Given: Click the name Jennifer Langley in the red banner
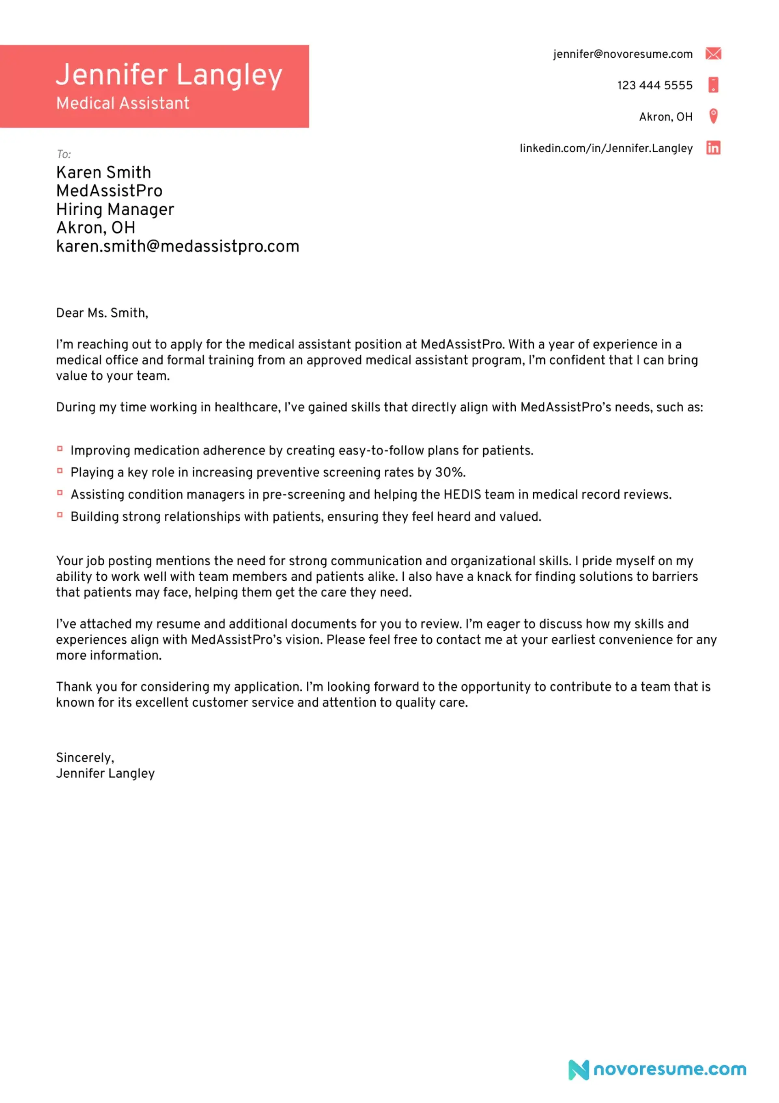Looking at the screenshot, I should click(169, 75).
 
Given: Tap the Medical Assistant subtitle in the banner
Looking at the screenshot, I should click(123, 103).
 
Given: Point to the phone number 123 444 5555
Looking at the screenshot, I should click(655, 86).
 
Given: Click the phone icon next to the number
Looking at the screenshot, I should click(713, 84).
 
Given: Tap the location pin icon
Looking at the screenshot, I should click(713, 116).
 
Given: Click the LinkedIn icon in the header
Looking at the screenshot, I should click(713, 148).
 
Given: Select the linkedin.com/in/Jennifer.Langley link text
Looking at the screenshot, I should click(606, 149).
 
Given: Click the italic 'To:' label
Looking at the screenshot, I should click(63, 154).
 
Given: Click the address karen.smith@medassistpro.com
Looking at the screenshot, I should click(178, 247).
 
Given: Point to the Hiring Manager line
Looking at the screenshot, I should click(115, 210).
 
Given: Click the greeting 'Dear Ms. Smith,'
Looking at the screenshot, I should click(102, 313).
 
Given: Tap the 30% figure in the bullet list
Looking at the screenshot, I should click(449, 473).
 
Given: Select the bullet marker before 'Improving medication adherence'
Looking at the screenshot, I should click(60, 449).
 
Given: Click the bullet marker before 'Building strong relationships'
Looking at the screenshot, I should click(60, 515).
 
